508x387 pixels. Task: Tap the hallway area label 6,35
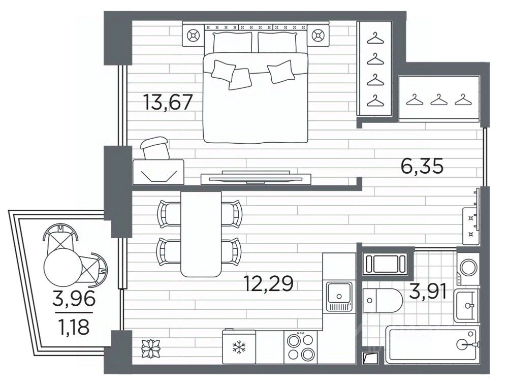click(422, 167)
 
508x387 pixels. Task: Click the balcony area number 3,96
click(74, 299)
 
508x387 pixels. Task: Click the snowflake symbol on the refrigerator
click(239, 347)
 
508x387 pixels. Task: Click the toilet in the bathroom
click(383, 301)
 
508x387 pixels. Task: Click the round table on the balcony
click(63, 268)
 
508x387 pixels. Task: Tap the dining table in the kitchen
click(201, 234)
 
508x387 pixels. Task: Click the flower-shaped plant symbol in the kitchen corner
click(151, 348)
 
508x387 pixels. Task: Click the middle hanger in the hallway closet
click(439, 100)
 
